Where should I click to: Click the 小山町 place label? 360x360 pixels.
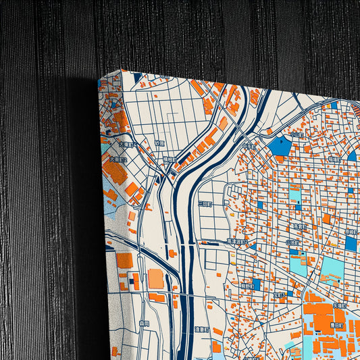point(296,134)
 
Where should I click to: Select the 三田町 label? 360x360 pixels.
point(205,203)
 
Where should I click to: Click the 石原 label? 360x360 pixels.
point(159,143)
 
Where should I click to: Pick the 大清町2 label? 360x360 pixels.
point(118,160)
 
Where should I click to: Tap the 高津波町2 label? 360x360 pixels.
point(237,241)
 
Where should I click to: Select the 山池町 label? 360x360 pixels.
point(292,241)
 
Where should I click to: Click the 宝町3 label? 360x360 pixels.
point(279,294)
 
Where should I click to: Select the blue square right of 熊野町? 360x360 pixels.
point(256,284)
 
